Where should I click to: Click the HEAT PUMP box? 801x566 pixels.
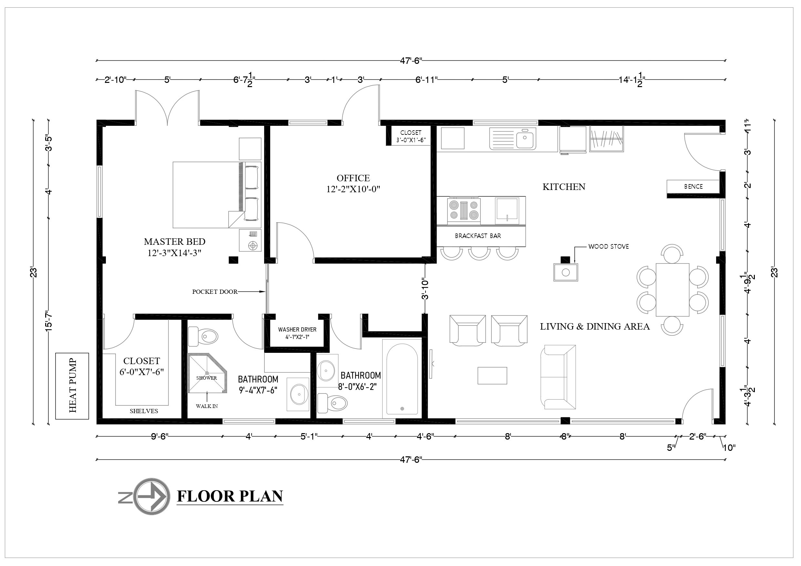72,386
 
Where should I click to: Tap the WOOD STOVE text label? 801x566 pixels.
609,246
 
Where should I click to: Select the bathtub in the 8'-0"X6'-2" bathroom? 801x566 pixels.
402,378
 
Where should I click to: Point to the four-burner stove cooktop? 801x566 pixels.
464,210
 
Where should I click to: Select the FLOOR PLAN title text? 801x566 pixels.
230,496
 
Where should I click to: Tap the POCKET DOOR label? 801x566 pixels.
215,292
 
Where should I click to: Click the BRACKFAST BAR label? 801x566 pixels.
478,236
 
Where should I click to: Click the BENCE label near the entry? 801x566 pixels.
693,186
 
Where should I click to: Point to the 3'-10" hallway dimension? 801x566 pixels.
425,289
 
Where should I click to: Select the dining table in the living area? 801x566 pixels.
672,290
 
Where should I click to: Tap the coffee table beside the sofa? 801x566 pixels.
492,375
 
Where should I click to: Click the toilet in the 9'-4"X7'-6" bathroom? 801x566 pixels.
203,336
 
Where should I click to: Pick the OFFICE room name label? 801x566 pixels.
353,178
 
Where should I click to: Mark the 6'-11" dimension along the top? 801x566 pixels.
426,80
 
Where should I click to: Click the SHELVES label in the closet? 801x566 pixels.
144,411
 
